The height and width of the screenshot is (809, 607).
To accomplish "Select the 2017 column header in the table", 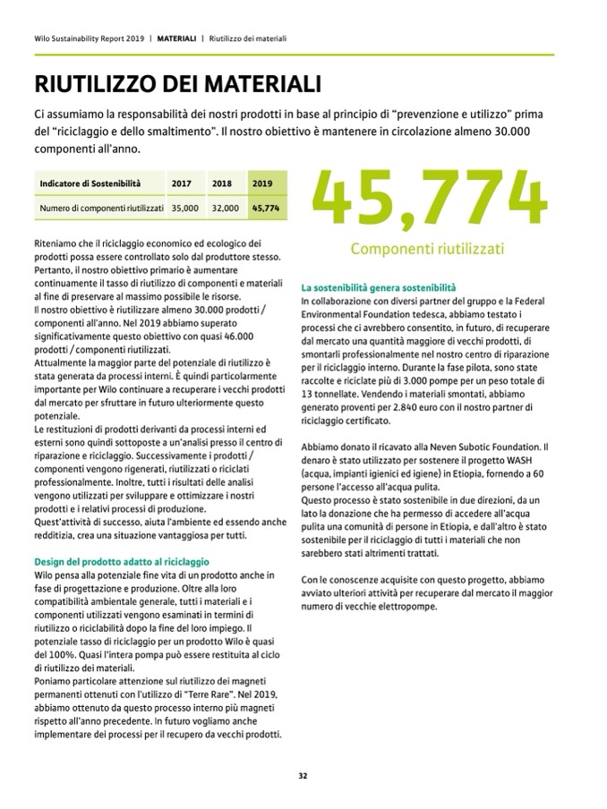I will tap(182, 183).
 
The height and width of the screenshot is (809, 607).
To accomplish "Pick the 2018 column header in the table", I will tap(222, 183).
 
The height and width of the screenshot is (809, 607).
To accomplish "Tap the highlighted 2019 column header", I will tap(262, 183).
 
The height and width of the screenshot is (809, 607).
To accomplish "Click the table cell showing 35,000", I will tap(185, 208).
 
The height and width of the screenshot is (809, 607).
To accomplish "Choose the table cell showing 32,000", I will tap(226, 208).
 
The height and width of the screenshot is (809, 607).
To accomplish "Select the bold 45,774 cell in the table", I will tap(266, 208).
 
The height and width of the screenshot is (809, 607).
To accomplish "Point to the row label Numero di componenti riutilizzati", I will tap(100, 208).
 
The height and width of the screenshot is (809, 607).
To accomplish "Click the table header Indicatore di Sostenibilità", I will tap(90, 183).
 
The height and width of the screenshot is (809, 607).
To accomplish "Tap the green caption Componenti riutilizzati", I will tap(427, 248).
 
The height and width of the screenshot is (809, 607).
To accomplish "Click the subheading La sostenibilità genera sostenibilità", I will tap(379, 288).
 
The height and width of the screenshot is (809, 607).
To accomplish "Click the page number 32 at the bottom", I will tap(303, 776).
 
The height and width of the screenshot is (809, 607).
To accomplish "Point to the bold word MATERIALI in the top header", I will tap(176, 38).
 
